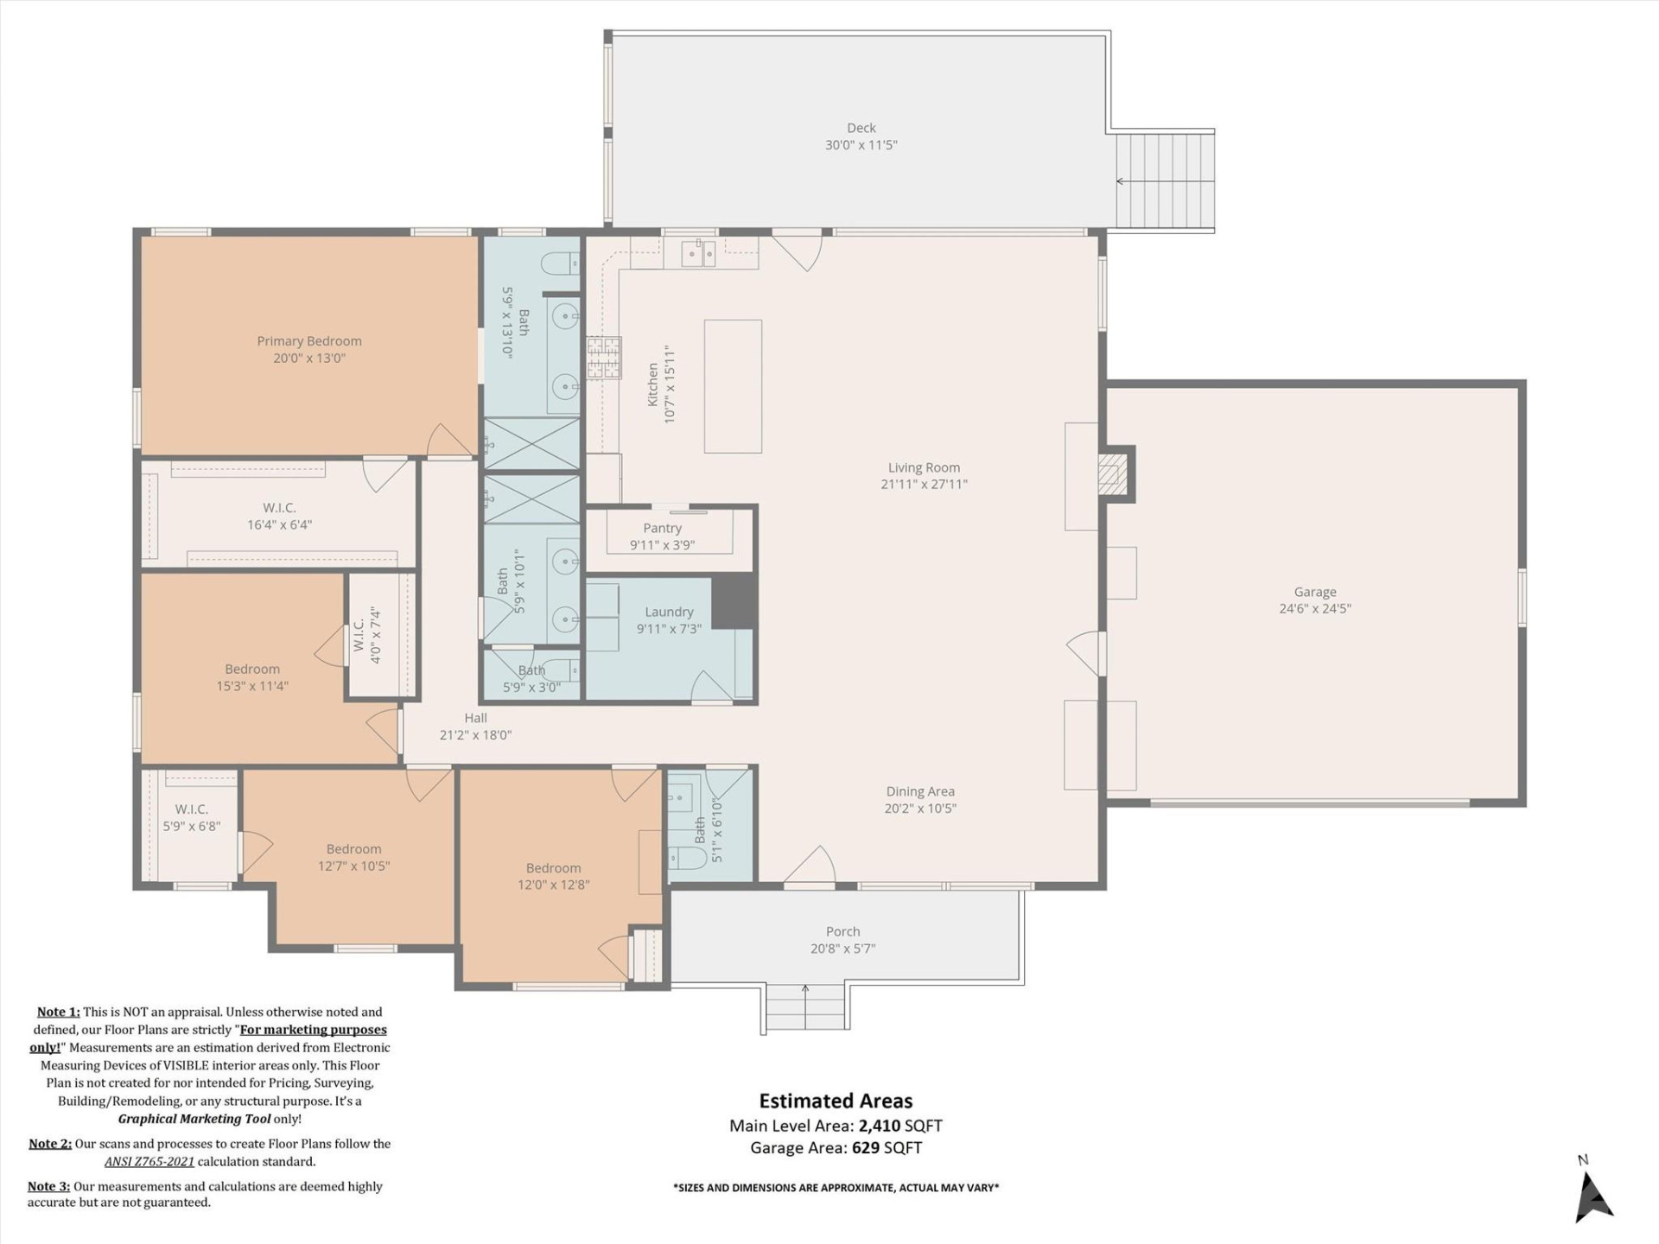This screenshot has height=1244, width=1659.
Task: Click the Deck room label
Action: tap(861, 128)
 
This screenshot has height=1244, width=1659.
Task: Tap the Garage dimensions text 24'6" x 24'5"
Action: tap(1314, 608)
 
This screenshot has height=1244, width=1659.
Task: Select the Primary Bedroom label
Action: tap(308, 341)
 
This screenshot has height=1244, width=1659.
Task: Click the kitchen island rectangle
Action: tap(733, 386)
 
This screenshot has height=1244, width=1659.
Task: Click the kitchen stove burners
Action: tap(604, 359)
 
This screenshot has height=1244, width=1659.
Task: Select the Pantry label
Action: tap(662, 528)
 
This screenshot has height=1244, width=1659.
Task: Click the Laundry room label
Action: tap(669, 612)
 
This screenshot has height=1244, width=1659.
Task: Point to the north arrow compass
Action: tap(1592, 1196)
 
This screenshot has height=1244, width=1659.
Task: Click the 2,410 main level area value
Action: tap(880, 1126)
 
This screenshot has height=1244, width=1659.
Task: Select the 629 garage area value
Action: tap(866, 1148)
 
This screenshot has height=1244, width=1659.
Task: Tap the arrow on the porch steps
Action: tap(805, 991)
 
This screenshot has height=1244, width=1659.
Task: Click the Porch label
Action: tap(842, 931)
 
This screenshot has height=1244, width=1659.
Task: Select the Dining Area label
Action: tap(919, 791)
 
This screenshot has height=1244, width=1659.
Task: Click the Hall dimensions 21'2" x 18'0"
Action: tap(475, 735)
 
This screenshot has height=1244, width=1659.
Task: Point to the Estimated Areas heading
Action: tap(836, 1101)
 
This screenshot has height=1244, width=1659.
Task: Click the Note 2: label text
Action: tap(50, 1143)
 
